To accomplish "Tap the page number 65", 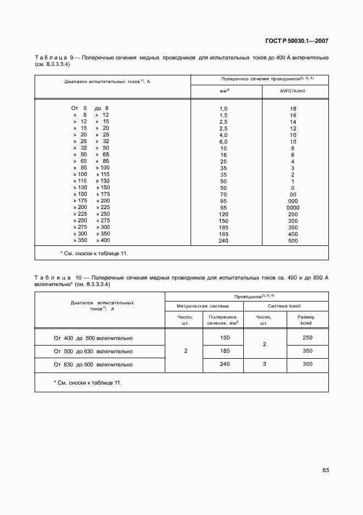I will click(x=325, y=470).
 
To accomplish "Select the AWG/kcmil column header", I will click(x=293, y=91).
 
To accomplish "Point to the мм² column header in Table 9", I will click(x=224, y=91).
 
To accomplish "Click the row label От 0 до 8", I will click(x=90, y=108).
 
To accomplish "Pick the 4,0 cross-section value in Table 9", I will click(x=224, y=135).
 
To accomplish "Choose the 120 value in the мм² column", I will click(x=224, y=214).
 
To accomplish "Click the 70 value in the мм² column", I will click(x=224, y=194).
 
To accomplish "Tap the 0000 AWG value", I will click(x=293, y=207).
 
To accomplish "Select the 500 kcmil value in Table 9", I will click(x=293, y=240).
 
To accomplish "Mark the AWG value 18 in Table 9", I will click(x=293, y=108).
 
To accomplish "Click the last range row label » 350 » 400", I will click(x=91, y=240).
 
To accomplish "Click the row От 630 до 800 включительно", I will click(x=93, y=364).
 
